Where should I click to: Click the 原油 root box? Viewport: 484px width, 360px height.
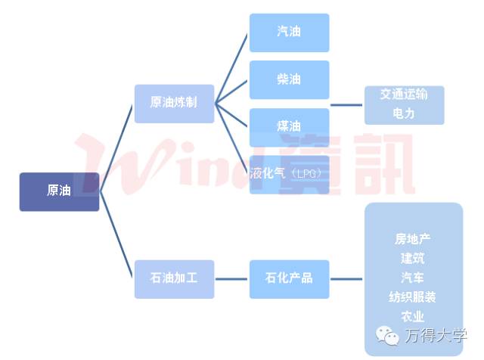point(59,191)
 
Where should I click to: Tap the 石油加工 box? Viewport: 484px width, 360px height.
point(174,278)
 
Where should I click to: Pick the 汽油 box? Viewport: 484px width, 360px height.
point(289,33)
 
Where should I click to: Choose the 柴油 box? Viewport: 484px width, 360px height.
point(289,79)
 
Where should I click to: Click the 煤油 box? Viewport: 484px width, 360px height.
point(289,126)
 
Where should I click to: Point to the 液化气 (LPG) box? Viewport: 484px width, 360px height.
point(289,173)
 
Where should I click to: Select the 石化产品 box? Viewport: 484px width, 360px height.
point(289,278)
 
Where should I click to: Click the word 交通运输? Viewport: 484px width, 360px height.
point(404,95)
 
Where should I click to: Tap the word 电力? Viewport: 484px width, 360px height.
point(404,113)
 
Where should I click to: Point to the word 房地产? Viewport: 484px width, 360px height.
point(412,239)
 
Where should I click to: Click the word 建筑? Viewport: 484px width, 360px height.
point(412,259)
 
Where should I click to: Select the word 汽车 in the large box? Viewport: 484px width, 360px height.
point(412,278)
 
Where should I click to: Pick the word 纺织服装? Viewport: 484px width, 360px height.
point(412,297)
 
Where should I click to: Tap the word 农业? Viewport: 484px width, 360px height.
point(412,316)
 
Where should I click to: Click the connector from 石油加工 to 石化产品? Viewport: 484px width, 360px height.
point(232,278)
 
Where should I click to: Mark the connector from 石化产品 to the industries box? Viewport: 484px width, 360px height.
point(347,278)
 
